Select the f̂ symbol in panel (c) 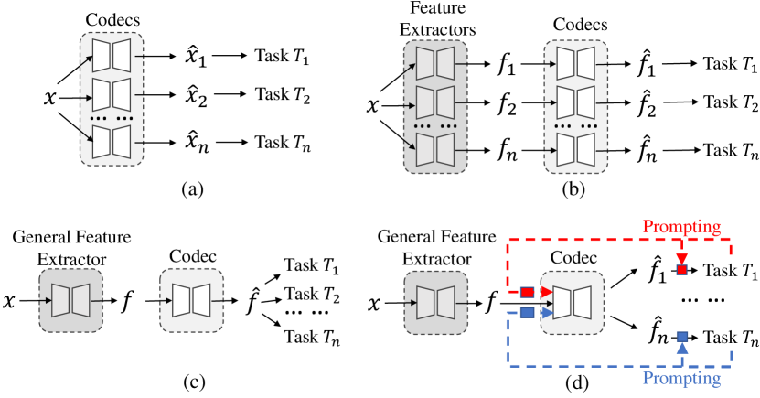click(x=254, y=297)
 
